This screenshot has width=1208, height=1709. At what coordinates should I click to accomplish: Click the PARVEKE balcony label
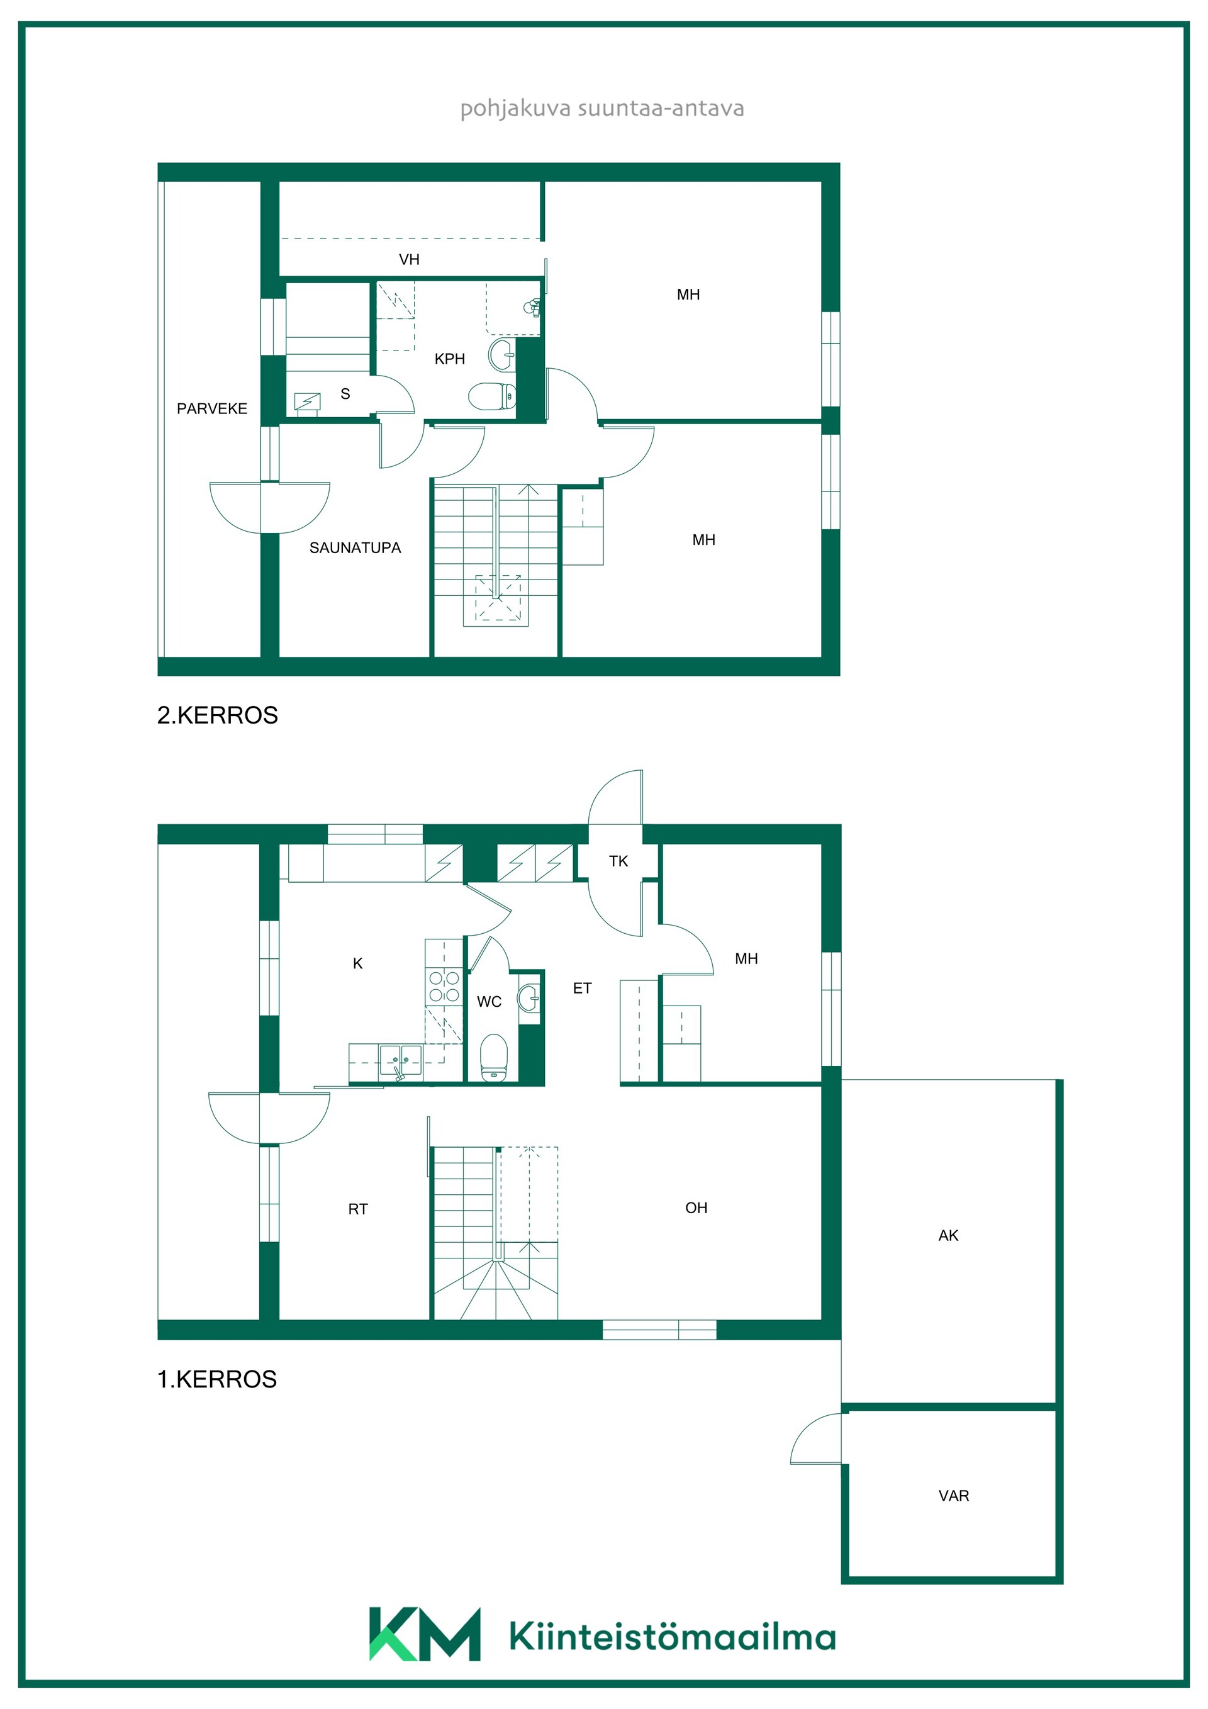click(212, 408)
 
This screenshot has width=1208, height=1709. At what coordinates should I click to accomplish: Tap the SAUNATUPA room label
click(355, 548)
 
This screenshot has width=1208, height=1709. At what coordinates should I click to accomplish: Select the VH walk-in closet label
click(410, 259)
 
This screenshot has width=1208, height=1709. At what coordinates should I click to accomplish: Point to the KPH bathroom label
click(450, 359)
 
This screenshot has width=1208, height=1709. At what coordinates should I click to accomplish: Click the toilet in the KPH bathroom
click(492, 396)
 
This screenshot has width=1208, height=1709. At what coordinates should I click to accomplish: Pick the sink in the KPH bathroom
click(501, 354)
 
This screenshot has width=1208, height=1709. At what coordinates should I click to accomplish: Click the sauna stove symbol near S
click(308, 403)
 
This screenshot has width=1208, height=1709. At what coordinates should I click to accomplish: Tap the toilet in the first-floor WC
click(493, 1057)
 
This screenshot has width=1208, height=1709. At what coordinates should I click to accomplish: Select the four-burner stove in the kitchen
click(444, 986)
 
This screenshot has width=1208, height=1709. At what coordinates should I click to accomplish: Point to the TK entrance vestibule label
click(618, 861)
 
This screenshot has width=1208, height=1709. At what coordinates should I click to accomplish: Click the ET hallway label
click(582, 989)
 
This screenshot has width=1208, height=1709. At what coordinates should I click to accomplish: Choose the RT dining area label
click(358, 1209)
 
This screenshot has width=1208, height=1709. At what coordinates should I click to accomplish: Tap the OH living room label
click(696, 1208)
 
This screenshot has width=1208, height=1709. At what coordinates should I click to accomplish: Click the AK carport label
click(948, 1236)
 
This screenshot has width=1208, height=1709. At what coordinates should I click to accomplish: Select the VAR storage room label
click(953, 1496)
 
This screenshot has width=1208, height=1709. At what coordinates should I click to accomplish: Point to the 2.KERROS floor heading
click(217, 715)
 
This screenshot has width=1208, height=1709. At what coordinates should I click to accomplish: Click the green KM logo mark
click(425, 1635)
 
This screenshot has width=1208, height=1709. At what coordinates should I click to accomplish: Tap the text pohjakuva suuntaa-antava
click(602, 109)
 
